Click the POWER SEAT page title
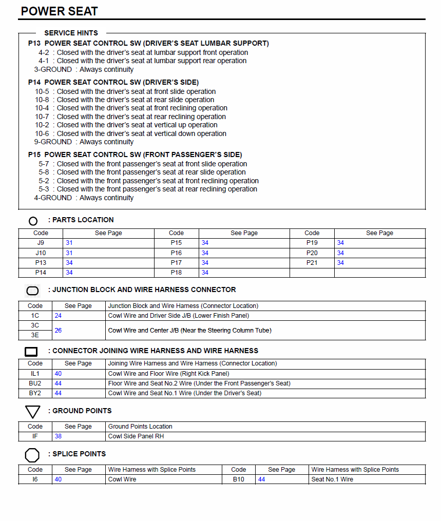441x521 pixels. point(60,11)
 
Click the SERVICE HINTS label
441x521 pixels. point(71,33)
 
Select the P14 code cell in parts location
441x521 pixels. point(41,273)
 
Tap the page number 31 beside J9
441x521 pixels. point(69,243)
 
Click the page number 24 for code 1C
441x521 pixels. point(58,316)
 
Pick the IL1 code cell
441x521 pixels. point(35,374)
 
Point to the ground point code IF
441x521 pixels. point(35,436)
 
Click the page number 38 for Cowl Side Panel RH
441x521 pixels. point(58,436)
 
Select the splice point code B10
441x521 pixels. point(238,479)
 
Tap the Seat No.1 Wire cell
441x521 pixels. point(332,479)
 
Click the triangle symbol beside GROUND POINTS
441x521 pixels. point(32,412)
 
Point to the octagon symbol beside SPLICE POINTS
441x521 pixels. point(32,455)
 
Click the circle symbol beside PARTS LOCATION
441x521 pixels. point(33,221)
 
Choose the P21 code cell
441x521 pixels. point(312,263)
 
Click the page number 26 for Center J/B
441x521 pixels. point(58,331)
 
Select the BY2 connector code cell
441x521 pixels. point(35,393)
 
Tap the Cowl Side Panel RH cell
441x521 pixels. point(136,436)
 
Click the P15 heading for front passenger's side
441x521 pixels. point(135,155)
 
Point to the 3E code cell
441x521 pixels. point(35,335)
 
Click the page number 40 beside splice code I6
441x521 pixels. point(58,479)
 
